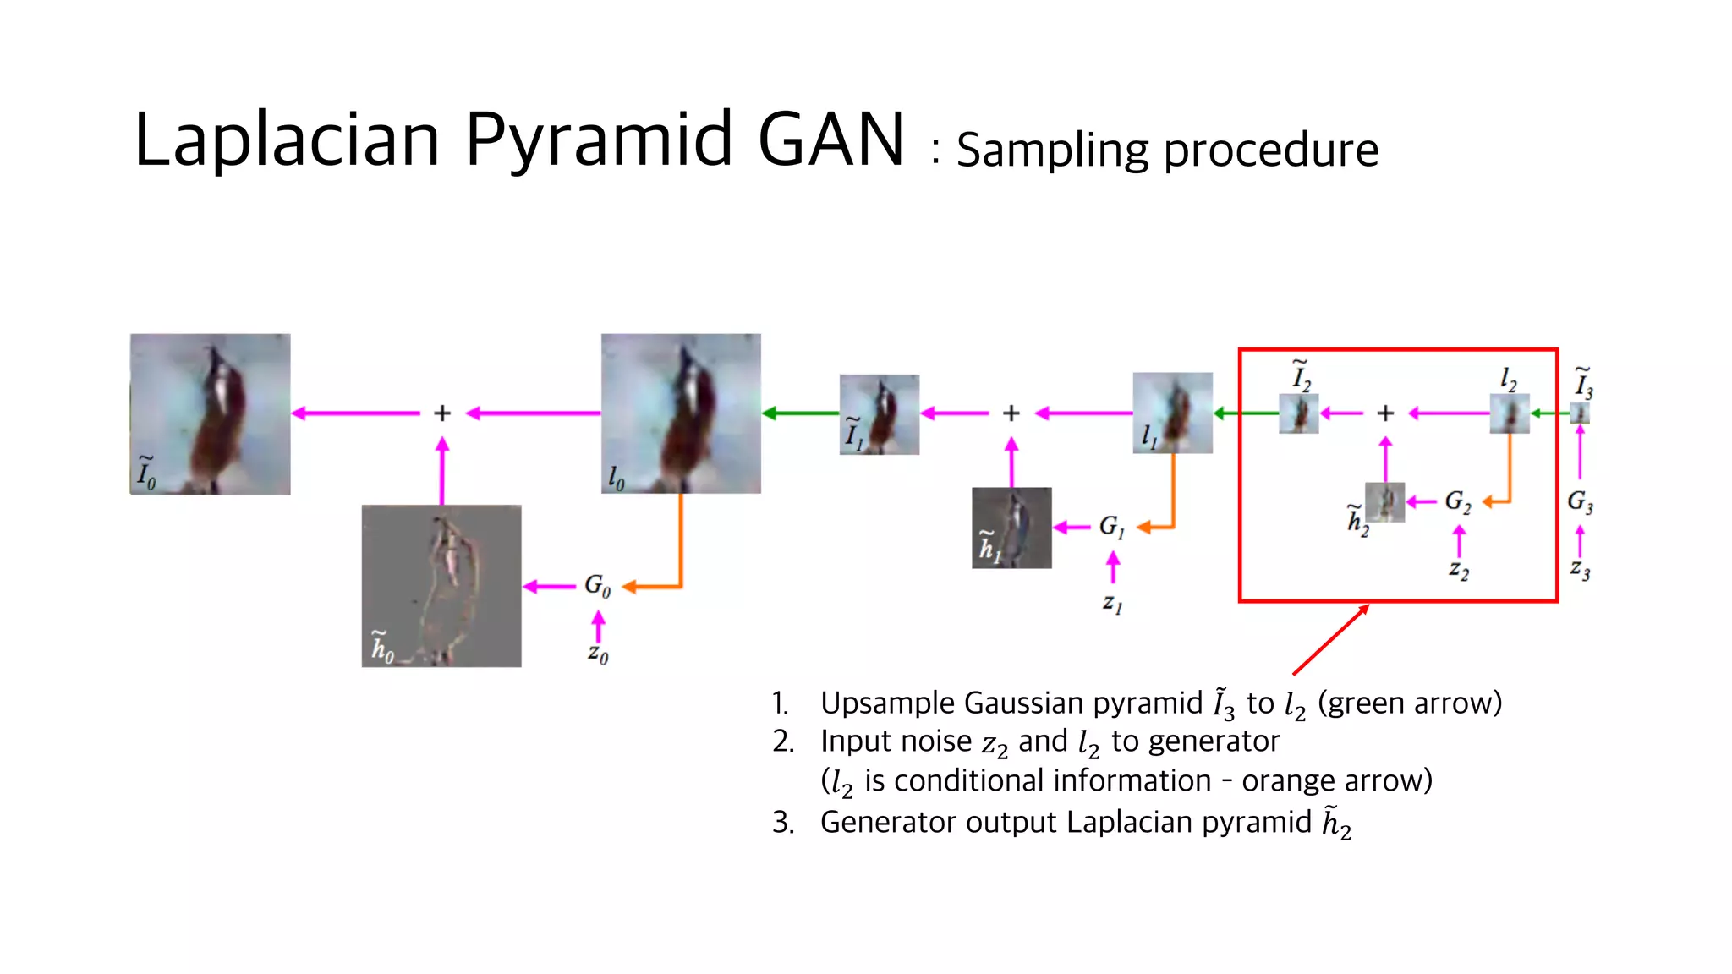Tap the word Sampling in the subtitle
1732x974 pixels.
[x=1050, y=150]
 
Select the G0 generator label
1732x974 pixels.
[x=597, y=585]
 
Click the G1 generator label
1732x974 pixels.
[x=1111, y=527]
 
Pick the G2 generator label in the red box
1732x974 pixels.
[x=1457, y=501]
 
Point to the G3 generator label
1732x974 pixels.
[x=1580, y=502]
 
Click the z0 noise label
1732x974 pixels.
[x=598, y=654]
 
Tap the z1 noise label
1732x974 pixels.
[x=1112, y=603]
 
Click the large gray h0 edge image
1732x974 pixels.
[x=441, y=585]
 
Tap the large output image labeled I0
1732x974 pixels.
[x=210, y=413]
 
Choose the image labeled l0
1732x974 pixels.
[x=681, y=413]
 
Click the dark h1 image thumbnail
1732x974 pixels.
[x=1011, y=528]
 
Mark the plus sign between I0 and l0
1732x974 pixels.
[x=441, y=413]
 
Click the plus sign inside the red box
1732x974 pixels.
[x=1385, y=413]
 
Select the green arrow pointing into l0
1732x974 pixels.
[x=799, y=413]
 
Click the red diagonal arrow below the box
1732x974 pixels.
[x=1330, y=640]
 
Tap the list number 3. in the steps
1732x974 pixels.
[x=782, y=823]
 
